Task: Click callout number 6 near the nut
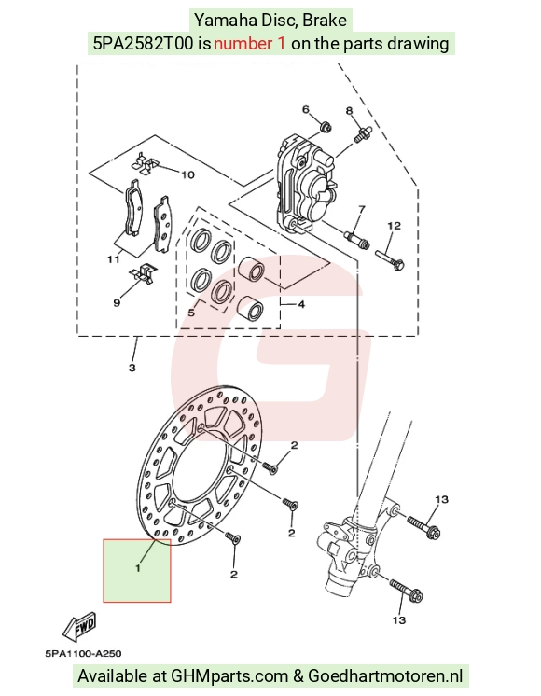coord(305,110)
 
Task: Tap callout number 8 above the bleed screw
coord(350,110)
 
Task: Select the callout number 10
coord(187,174)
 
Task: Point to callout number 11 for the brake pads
coord(114,258)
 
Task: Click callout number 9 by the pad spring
coord(117,302)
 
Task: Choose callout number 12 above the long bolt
coord(395,226)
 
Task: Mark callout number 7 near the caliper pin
coord(362,209)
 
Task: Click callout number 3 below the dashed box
coord(132,368)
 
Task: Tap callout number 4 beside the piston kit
coord(301,304)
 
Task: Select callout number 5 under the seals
coord(191,313)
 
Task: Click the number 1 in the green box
coord(138,568)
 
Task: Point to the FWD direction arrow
coord(80,626)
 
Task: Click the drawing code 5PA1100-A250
coord(83,654)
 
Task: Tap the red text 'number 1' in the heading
coord(249,44)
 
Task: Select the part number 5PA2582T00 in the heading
coord(144,44)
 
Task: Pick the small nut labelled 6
coord(326,127)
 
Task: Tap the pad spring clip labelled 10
coord(144,163)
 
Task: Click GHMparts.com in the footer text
coord(229,676)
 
